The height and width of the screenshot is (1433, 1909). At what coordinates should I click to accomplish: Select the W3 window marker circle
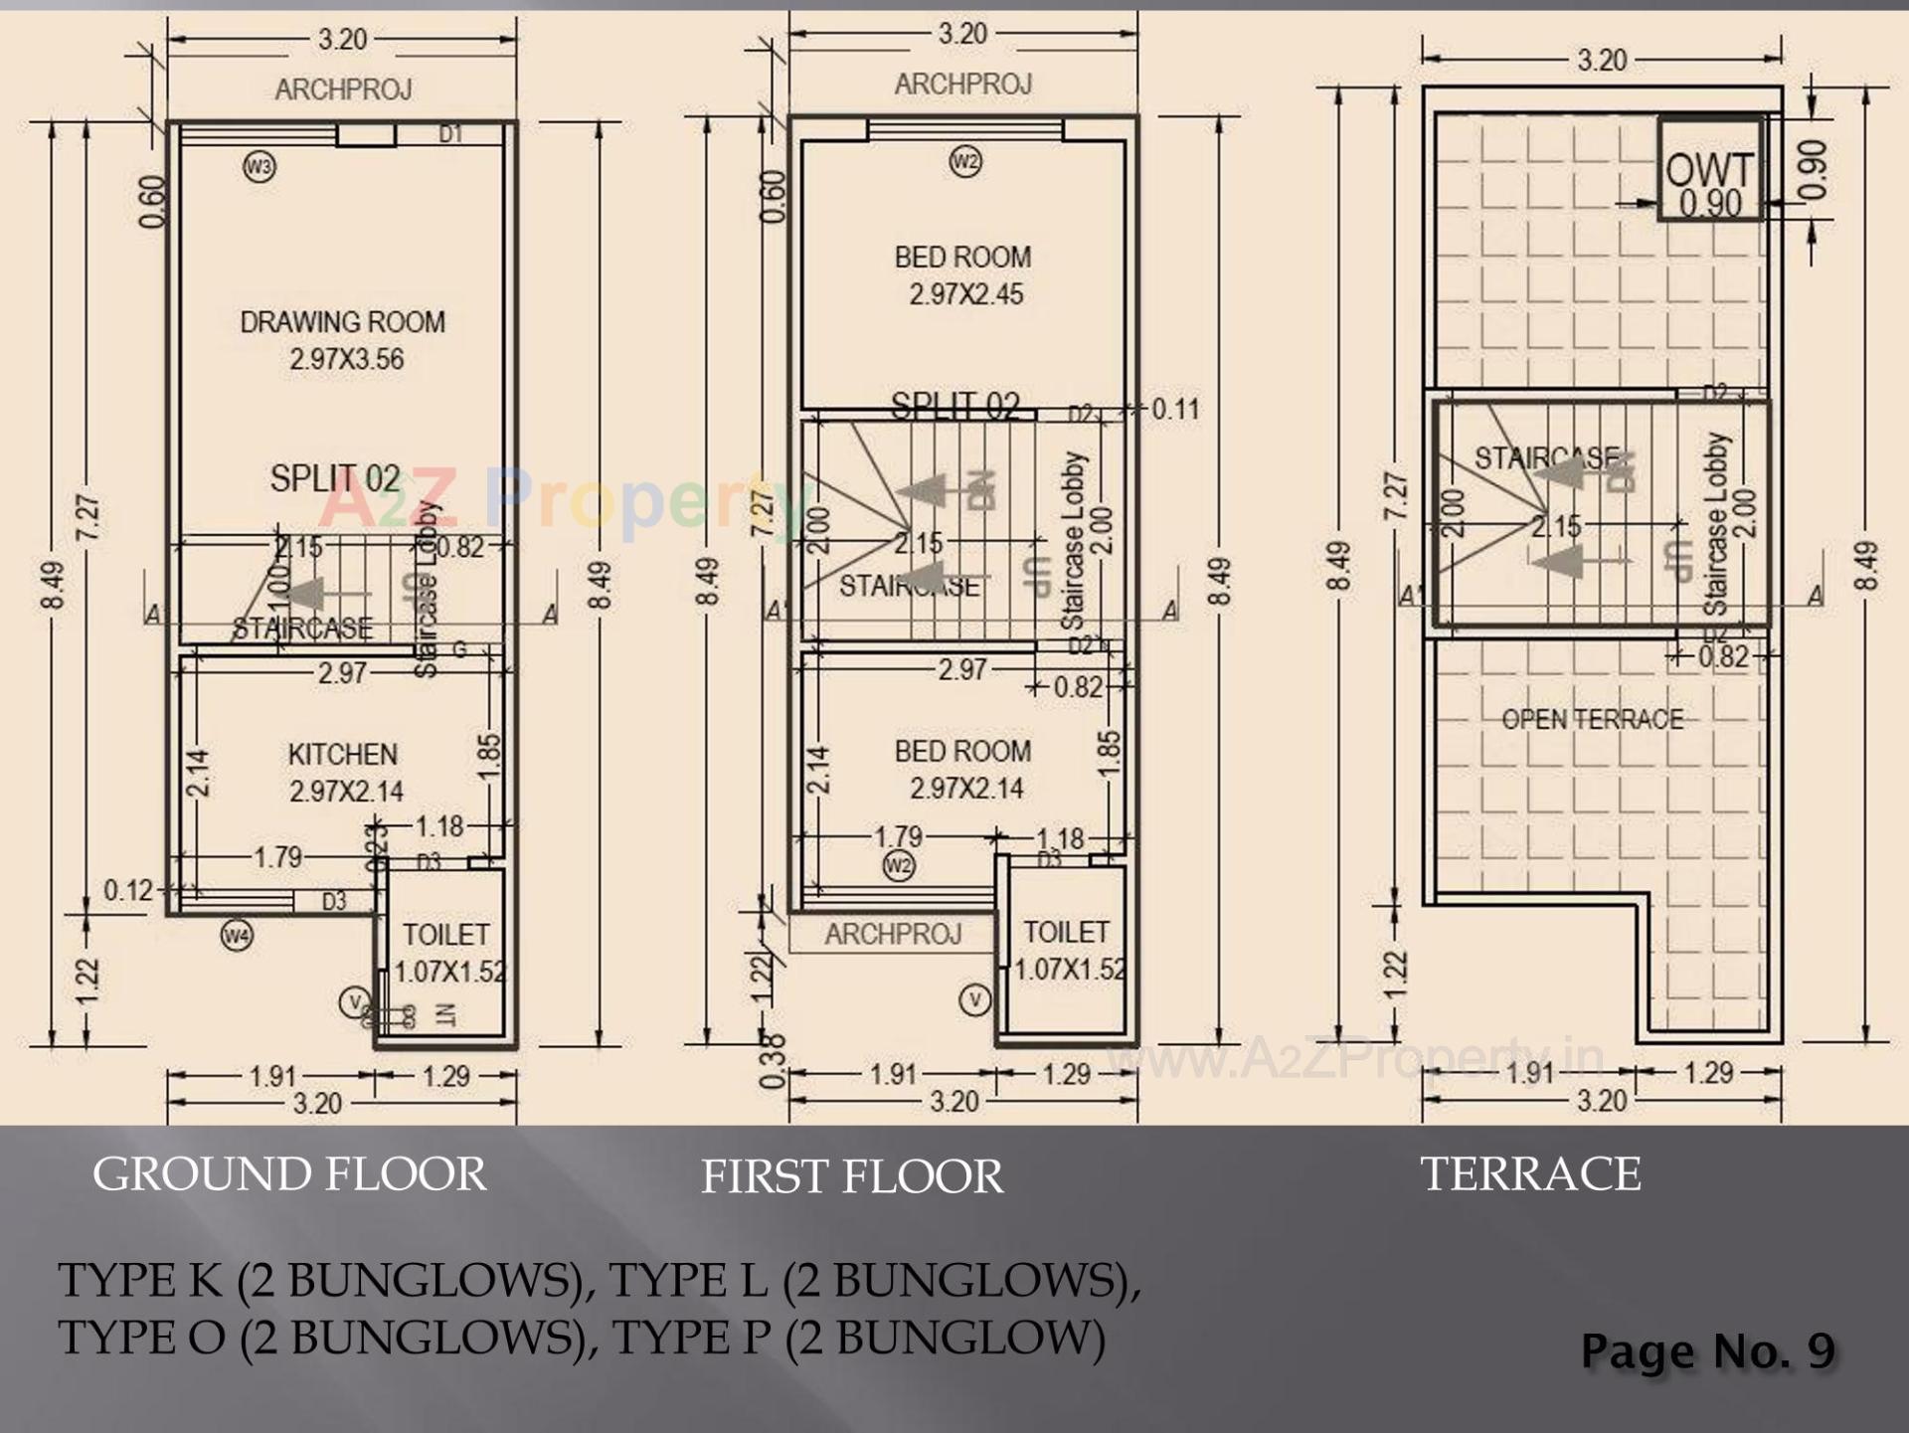click(x=259, y=166)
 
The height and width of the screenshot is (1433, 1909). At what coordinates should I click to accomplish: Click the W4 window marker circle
click(x=237, y=935)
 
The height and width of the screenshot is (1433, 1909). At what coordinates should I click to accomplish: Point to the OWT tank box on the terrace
click(x=1710, y=170)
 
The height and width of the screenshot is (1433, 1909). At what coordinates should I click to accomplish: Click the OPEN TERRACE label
click(x=1592, y=719)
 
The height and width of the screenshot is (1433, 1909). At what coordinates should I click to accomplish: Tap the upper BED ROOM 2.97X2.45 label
click(x=962, y=275)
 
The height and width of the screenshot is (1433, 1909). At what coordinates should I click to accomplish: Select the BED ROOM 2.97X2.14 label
click(x=962, y=770)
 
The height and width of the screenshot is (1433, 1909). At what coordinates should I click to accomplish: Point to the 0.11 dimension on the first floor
click(x=1175, y=409)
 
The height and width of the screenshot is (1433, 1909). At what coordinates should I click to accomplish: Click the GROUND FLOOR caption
click(x=289, y=1174)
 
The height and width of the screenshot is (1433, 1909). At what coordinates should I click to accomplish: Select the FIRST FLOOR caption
click(x=852, y=1177)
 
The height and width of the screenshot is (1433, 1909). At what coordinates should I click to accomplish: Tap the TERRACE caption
click(x=1529, y=1173)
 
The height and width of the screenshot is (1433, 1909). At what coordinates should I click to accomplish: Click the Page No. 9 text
click(x=1707, y=1350)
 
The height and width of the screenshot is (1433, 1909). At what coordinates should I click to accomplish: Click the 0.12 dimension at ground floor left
click(x=127, y=890)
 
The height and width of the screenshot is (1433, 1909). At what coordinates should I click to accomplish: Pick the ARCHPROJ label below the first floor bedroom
click(x=892, y=934)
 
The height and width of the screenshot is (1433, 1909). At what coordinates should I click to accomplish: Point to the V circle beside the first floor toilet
click(x=974, y=999)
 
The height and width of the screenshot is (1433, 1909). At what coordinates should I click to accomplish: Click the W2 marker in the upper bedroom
click(x=965, y=161)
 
